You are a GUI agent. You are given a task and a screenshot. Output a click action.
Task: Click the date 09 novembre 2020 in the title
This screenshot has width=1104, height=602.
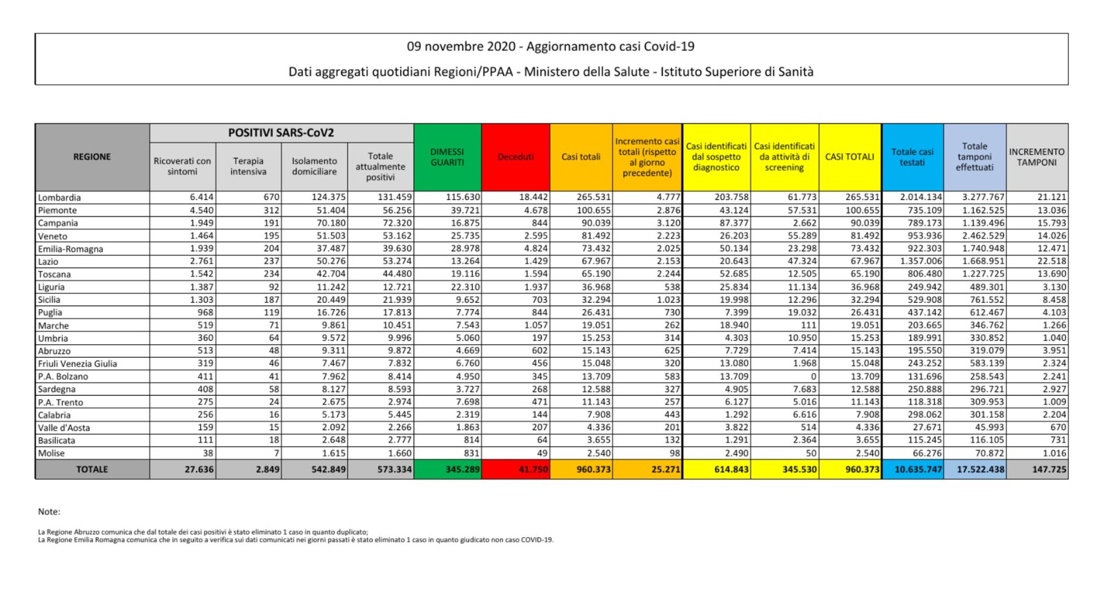(x=461, y=47)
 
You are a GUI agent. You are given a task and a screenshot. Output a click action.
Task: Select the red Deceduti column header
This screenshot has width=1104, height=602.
(x=515, y=157)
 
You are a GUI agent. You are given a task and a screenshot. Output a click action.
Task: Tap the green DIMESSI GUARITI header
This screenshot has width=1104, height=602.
(x=447, y=157)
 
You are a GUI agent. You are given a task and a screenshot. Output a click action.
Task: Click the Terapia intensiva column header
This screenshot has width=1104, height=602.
(x=248, y=166)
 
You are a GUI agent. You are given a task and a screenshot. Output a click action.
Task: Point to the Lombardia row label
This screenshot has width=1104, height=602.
(x=59, y=198)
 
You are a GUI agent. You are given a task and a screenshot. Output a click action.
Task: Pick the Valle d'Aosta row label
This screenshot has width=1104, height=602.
(x=63, y=428)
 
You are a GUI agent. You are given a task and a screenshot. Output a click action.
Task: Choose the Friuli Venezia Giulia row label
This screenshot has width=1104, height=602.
(x=77, y=363)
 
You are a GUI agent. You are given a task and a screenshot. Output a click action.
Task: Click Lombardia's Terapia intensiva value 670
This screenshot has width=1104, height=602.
(x=271, y=197)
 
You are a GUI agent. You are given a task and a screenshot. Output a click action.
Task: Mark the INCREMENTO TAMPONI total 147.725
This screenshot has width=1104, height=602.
(x=1049, y=470)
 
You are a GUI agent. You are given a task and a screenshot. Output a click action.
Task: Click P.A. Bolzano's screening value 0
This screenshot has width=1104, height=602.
(x=814, y=377)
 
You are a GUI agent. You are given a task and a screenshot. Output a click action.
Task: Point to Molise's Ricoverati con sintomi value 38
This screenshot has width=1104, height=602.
(x=208, y=453)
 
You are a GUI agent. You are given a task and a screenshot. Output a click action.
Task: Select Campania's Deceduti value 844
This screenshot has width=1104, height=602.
(x=540, y=223)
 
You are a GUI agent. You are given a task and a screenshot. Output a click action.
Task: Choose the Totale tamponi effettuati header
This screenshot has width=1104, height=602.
(x=974, y=157)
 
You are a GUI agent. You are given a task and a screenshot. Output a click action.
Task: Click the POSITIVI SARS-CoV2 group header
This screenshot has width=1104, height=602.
(x=281, y=133)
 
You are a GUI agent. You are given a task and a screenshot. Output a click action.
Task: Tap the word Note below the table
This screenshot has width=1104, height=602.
(x=49, y=512)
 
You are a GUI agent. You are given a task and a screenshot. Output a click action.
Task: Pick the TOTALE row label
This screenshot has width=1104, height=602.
(x=92, y=470)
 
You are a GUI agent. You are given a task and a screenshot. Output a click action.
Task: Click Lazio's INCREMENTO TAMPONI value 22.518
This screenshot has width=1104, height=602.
(x=1052, y=261)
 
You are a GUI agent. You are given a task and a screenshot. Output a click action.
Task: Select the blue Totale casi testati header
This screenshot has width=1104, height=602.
(x=912, y=157)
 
